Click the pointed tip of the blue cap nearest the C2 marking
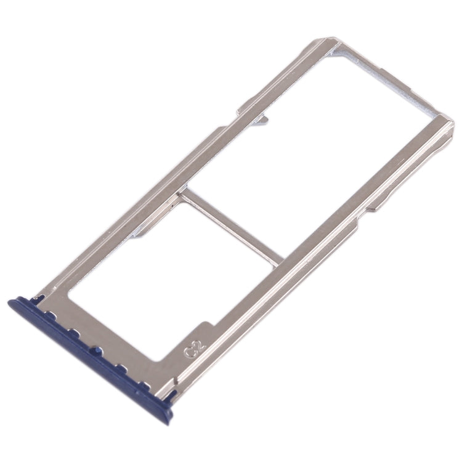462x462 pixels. coord(173,397)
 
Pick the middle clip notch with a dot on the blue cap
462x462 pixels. coord(95,351)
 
